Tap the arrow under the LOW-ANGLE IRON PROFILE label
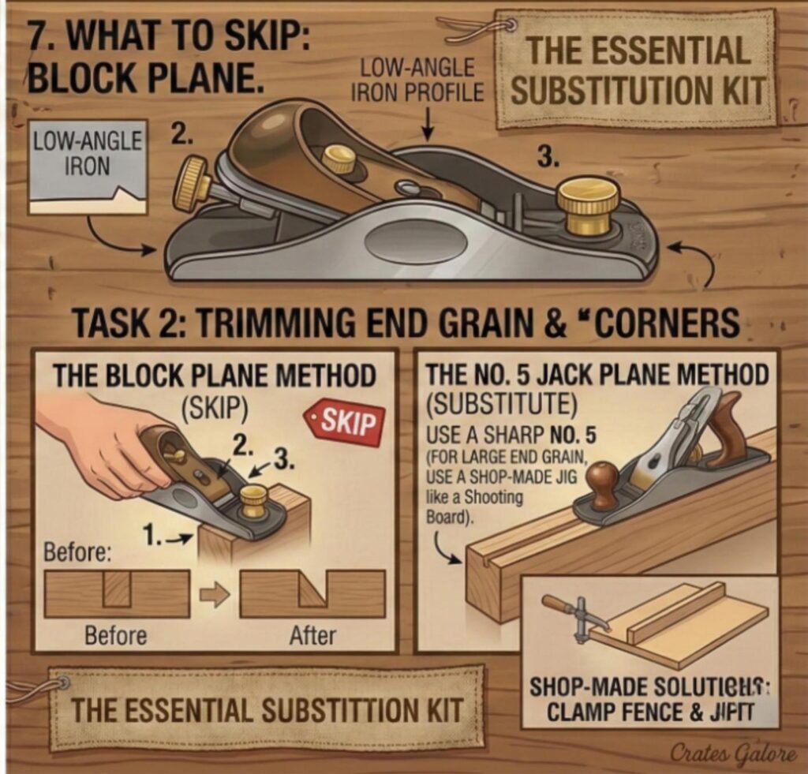coord(427,122)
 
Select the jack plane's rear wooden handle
coord(727,431)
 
